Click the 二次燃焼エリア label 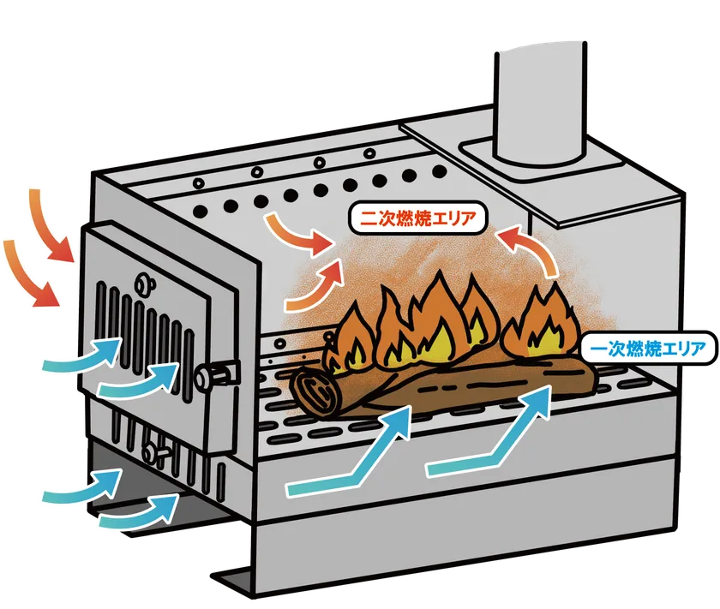(417, 217)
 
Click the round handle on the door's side (213, 374)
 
